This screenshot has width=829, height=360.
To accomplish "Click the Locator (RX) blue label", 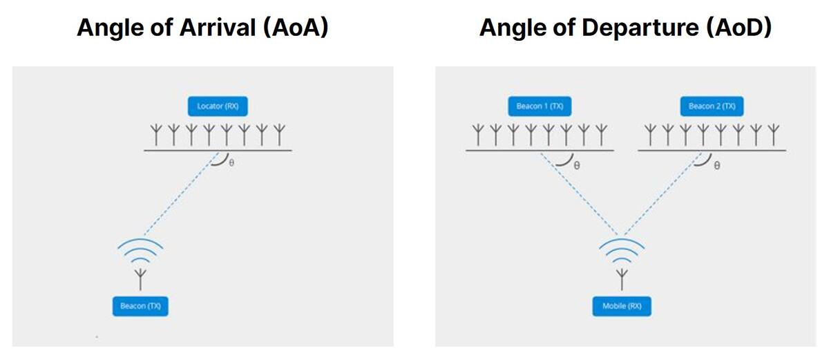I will [218, 106].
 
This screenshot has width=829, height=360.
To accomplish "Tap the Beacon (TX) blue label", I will [140, 305].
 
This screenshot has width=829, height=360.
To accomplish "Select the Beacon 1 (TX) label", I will [540, 106].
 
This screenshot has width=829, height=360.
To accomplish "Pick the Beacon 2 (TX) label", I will [712, 106].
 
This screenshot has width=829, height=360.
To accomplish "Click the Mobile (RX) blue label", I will [622, 305].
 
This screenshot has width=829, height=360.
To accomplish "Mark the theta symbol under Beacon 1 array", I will [576, 167].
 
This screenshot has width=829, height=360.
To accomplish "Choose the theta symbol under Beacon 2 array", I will [717, 167].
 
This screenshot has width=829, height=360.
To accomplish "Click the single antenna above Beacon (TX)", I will [140, 278].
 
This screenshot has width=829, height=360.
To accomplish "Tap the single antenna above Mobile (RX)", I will [622, 278].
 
